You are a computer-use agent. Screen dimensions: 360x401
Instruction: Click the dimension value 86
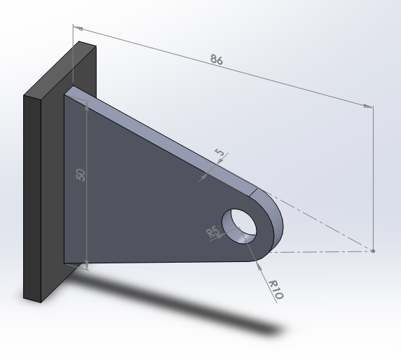(217, 60)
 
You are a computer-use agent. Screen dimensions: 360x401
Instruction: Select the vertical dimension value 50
(81, 174)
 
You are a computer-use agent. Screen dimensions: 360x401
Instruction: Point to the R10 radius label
(276, 289)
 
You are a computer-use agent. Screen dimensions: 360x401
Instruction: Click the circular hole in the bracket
(238, 223)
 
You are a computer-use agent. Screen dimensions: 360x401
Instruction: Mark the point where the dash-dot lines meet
(373, 250)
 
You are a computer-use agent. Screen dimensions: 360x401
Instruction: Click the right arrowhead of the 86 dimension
(367, 106)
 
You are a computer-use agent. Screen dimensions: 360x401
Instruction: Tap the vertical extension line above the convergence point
(373, 175)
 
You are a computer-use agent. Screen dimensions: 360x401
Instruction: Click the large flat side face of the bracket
(140, 203)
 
